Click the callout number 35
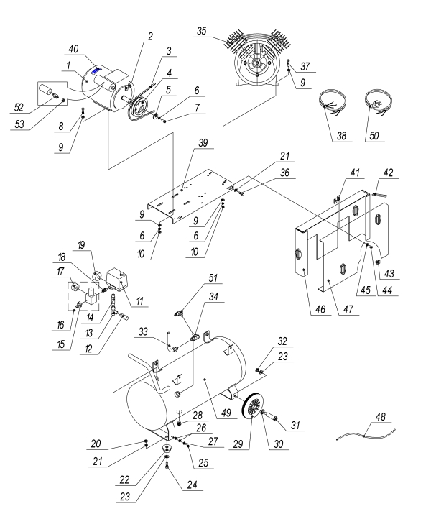[x=203, y=31]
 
